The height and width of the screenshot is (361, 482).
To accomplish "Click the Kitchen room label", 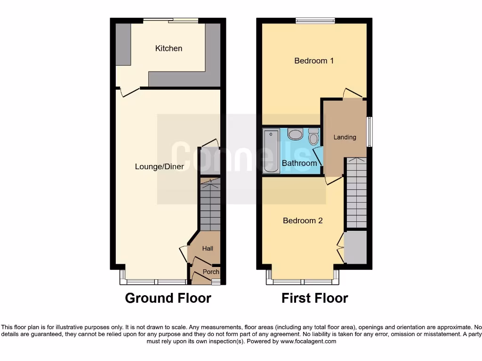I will [169, 48].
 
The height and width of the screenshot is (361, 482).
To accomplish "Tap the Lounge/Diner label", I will [159, 166].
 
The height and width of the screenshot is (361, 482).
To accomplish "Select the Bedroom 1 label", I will [314, 61].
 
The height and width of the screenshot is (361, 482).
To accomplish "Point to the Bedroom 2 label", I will [303, 220].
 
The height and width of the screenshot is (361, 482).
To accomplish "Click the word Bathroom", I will [299, 163].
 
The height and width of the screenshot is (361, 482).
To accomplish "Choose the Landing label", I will [345, 137].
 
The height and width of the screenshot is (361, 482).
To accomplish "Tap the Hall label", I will [208, 248].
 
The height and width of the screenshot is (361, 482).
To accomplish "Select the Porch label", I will [210, 272].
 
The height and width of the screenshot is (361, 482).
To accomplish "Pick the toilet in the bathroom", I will [313, 137].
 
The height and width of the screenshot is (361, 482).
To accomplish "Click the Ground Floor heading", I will [168, 298].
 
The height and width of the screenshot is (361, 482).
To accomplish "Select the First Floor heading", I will [314, 298].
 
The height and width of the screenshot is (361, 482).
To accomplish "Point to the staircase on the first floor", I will [356, 193].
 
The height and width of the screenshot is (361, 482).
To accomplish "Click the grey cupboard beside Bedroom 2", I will [355, 247].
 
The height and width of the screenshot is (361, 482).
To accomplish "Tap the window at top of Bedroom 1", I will [315, 20].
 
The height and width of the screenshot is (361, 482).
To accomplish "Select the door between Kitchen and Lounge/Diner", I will [128, 91].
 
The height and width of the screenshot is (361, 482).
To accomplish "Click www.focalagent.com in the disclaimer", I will [308, 341].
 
